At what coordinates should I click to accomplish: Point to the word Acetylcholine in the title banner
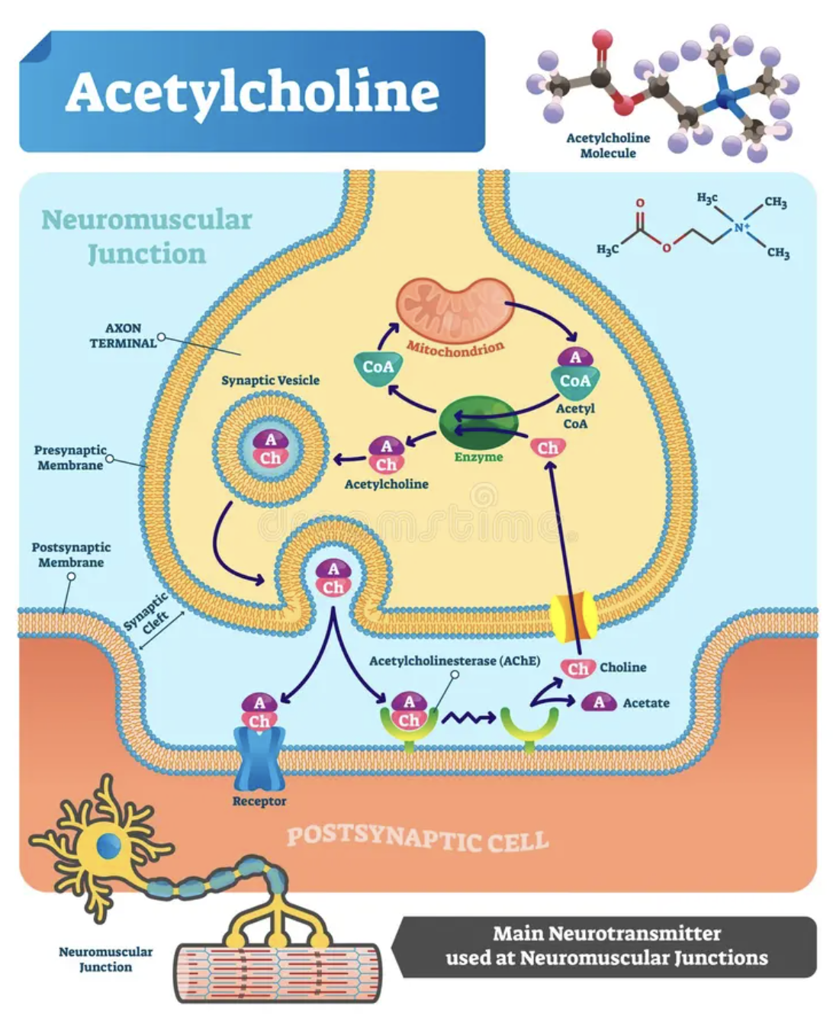[x=252, y=92]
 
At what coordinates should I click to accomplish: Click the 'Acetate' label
[x=646, y=703]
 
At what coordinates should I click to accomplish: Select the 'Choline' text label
[x=622, y=667]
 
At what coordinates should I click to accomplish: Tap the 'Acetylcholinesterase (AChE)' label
[x=455, y=660]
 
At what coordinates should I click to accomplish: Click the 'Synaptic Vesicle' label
[x=270, y=381]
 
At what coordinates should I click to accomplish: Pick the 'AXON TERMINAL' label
[x=124, y=336]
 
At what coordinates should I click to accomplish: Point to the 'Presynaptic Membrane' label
[x=70, y=458]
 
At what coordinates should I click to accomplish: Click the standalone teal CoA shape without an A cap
[x=378, y=368]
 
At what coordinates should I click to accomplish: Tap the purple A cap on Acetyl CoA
[x=575, y=358]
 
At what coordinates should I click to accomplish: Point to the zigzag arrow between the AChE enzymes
[x=469, y=718]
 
